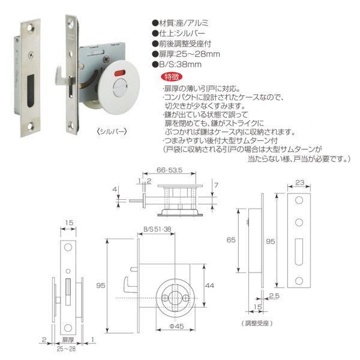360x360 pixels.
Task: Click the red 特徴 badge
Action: (x=172, y=77)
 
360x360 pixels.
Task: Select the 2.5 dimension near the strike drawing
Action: (x=274, y=296)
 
